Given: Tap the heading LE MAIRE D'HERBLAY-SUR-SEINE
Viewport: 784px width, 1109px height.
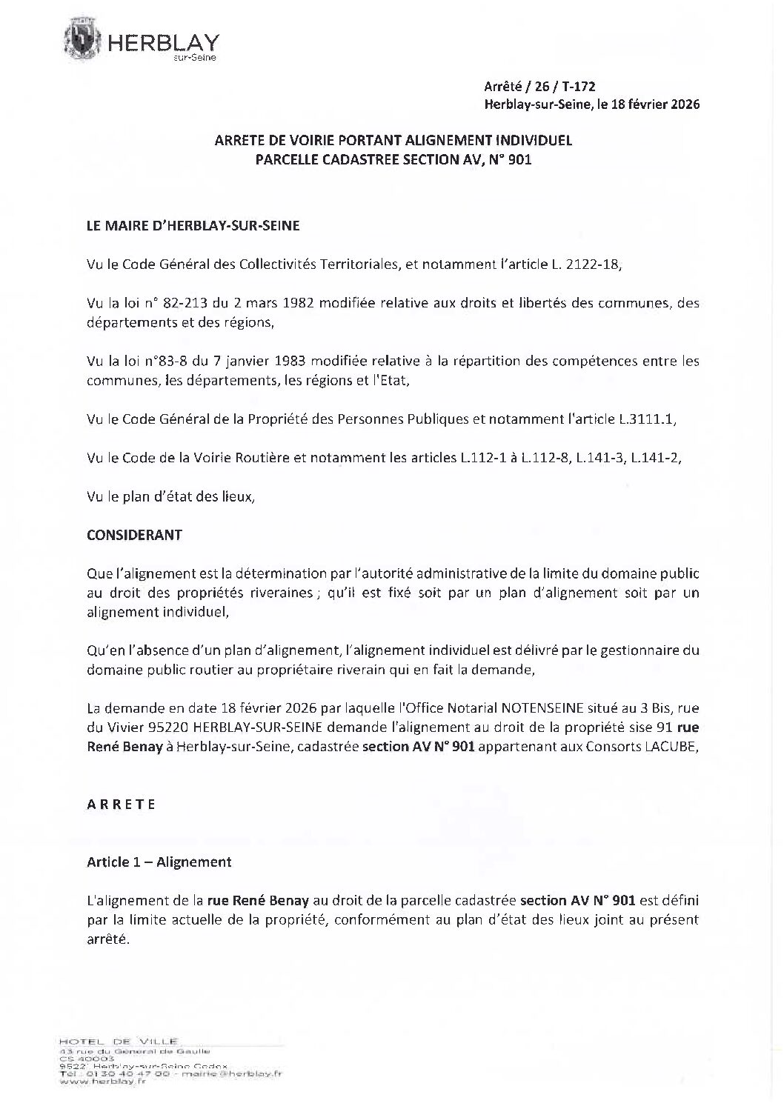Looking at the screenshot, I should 193,226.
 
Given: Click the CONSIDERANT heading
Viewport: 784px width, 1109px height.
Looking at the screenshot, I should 134,535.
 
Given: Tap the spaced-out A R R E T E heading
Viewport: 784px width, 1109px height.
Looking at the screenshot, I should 121,805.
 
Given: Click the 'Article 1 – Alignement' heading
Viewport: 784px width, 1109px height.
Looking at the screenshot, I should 159,862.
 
